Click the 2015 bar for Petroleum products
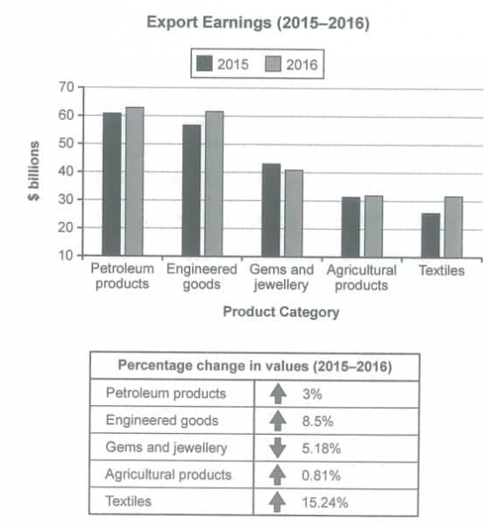coord(112,184)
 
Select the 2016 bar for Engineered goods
coord(213,183)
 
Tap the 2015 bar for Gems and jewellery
coord(271,210)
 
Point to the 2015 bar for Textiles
coord(430,234)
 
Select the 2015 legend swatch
coord(207,63)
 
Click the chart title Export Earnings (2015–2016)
coord(243,24)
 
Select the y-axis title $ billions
coord(33,171)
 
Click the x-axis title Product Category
coord(281,311)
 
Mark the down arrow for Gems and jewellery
coord(277,447)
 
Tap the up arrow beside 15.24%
coord(277,502)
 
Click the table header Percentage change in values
coord(254,365)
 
